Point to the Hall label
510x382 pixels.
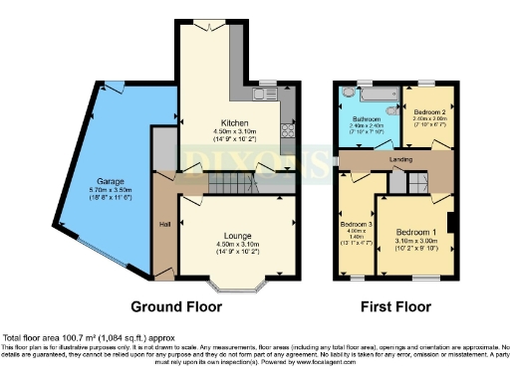[163, 224]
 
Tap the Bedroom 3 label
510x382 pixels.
[355, 225]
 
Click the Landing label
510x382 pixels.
[401, 160]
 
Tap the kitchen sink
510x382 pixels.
[264, 95]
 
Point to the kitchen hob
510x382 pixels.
[289, 129]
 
